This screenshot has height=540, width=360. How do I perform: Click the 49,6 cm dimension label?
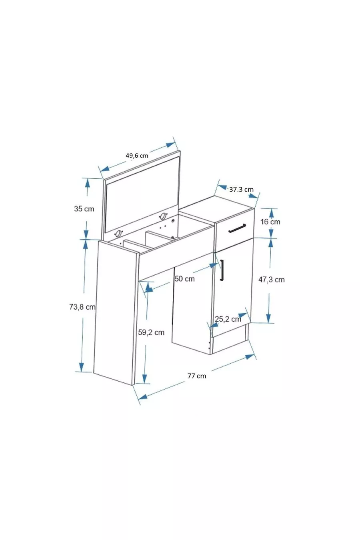pyautogui.click(x=137, y=155)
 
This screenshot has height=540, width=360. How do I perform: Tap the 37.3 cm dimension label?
pyautogui.click(x=241, y=189)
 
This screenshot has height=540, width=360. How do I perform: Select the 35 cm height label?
pyautogui.click(x=84, y=209)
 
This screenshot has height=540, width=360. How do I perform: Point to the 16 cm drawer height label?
pyautogui.click(x=270, y=222)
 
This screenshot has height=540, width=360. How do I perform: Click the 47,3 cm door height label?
pyautogui.click(x=271, y=280)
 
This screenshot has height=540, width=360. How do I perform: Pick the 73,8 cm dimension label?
pyautogui.click(x=82, y=307)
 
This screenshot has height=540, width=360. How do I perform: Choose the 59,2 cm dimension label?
pyautogui.click(x=151, y=332)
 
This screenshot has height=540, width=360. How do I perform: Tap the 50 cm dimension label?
pyautogui.click(x=185, y=278)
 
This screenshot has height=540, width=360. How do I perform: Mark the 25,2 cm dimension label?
pyautogui.click(x=228, y=319)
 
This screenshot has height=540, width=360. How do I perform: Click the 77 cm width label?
pyautogui.click(x=197, y=376)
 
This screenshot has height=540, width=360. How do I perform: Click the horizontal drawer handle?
pyautogui.click(x=236, y=228)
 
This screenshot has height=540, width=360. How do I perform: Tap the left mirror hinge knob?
pyautogui.click(x=118, y=234)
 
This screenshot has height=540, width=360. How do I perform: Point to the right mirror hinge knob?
pyautogui.click(x=162, y=216)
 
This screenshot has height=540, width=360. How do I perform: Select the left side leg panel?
pyautogui.click(x=115, y=312)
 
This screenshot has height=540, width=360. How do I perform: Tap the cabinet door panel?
pyautogui.click(x=232, y=288)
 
